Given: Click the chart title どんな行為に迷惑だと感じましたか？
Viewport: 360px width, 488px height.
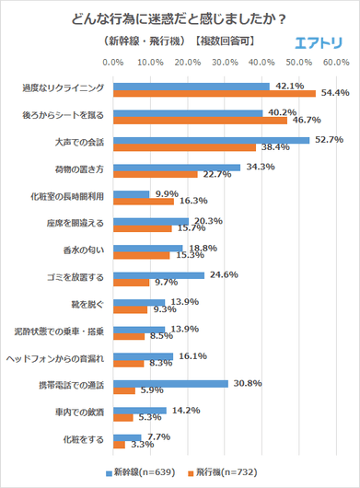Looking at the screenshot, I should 180,17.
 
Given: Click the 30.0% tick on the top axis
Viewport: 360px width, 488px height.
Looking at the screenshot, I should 226,63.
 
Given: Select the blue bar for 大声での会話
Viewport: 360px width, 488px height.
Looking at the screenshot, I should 210,140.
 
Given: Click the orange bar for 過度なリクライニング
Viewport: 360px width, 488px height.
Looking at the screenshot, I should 214,93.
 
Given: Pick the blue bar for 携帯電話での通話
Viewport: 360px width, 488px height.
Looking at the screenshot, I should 169,383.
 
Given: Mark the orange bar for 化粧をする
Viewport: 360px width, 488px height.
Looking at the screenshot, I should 118,445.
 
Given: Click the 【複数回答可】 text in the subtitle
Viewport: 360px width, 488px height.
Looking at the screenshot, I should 224,42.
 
